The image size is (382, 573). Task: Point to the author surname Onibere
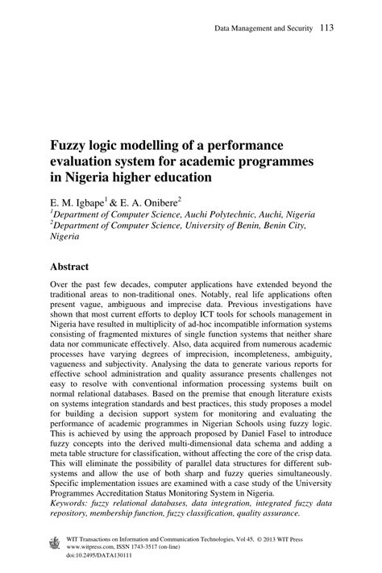(154, 199)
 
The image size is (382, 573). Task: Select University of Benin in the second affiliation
(212, 226)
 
